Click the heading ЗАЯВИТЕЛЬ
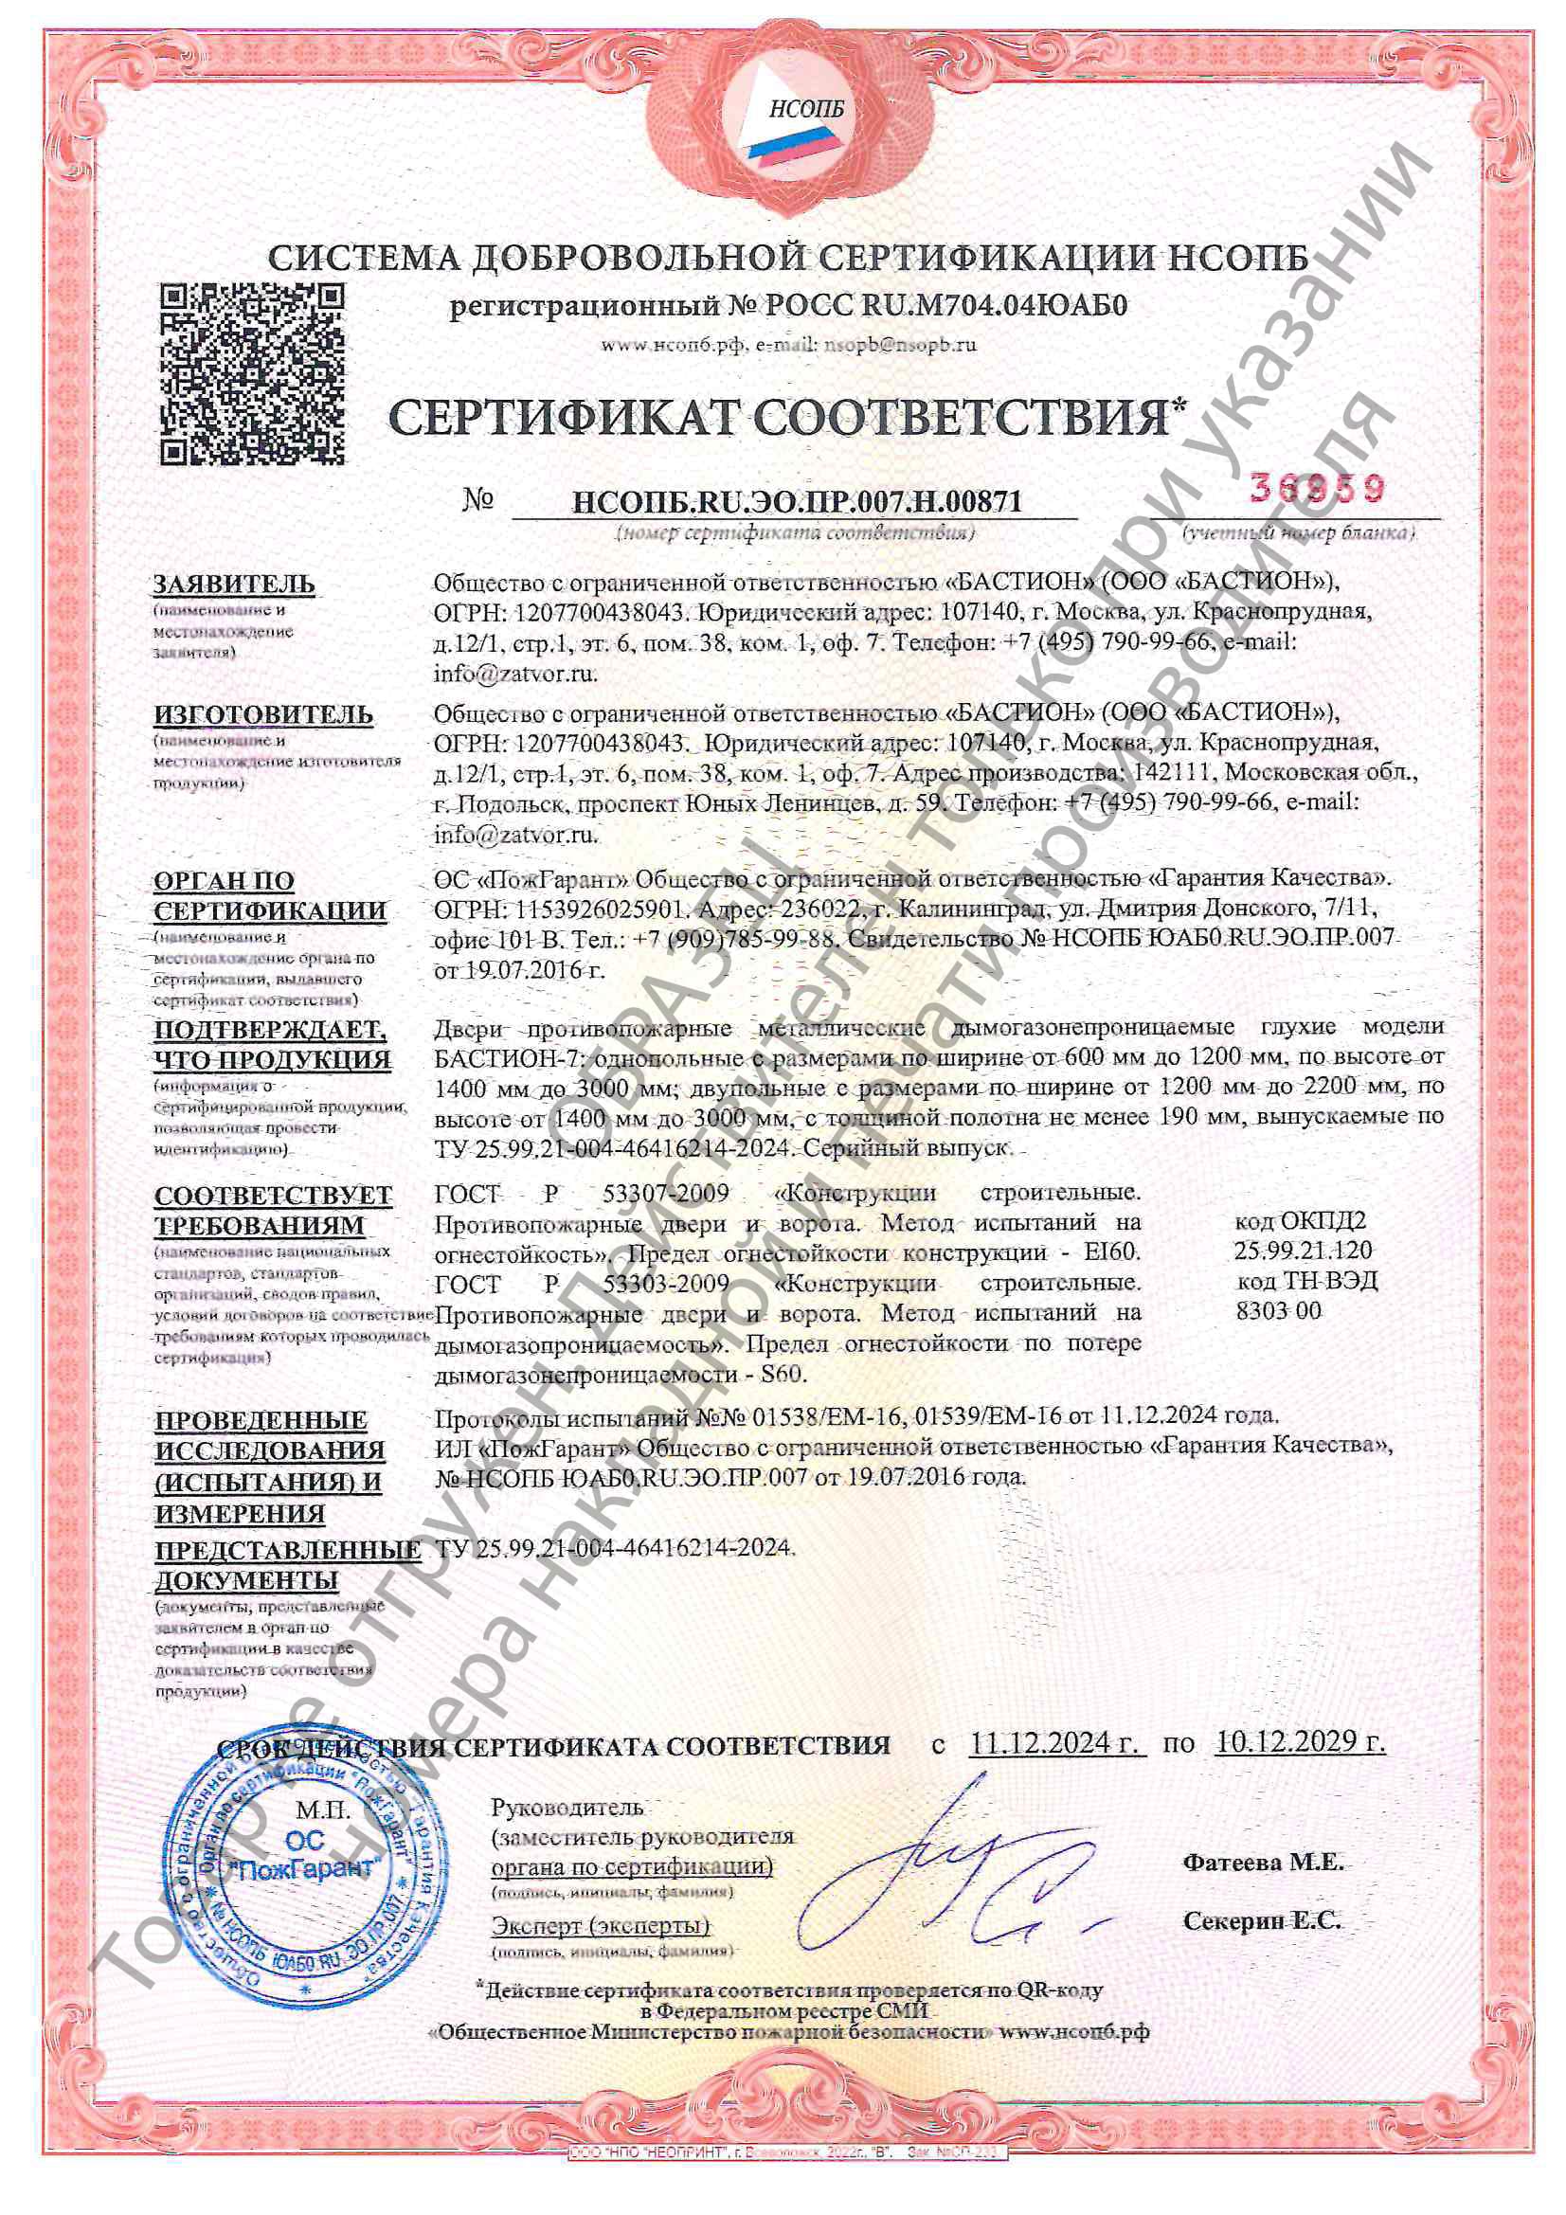click(x=233, y=585)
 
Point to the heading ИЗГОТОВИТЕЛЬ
click(x=262, y=715)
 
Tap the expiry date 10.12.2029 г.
click(x=1300, y=1742)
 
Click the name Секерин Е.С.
click(x=1261, y=1920)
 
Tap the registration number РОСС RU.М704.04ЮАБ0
click(x=945, y=307)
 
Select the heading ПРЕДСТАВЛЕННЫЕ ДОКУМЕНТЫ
click(x=286, y=1564)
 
